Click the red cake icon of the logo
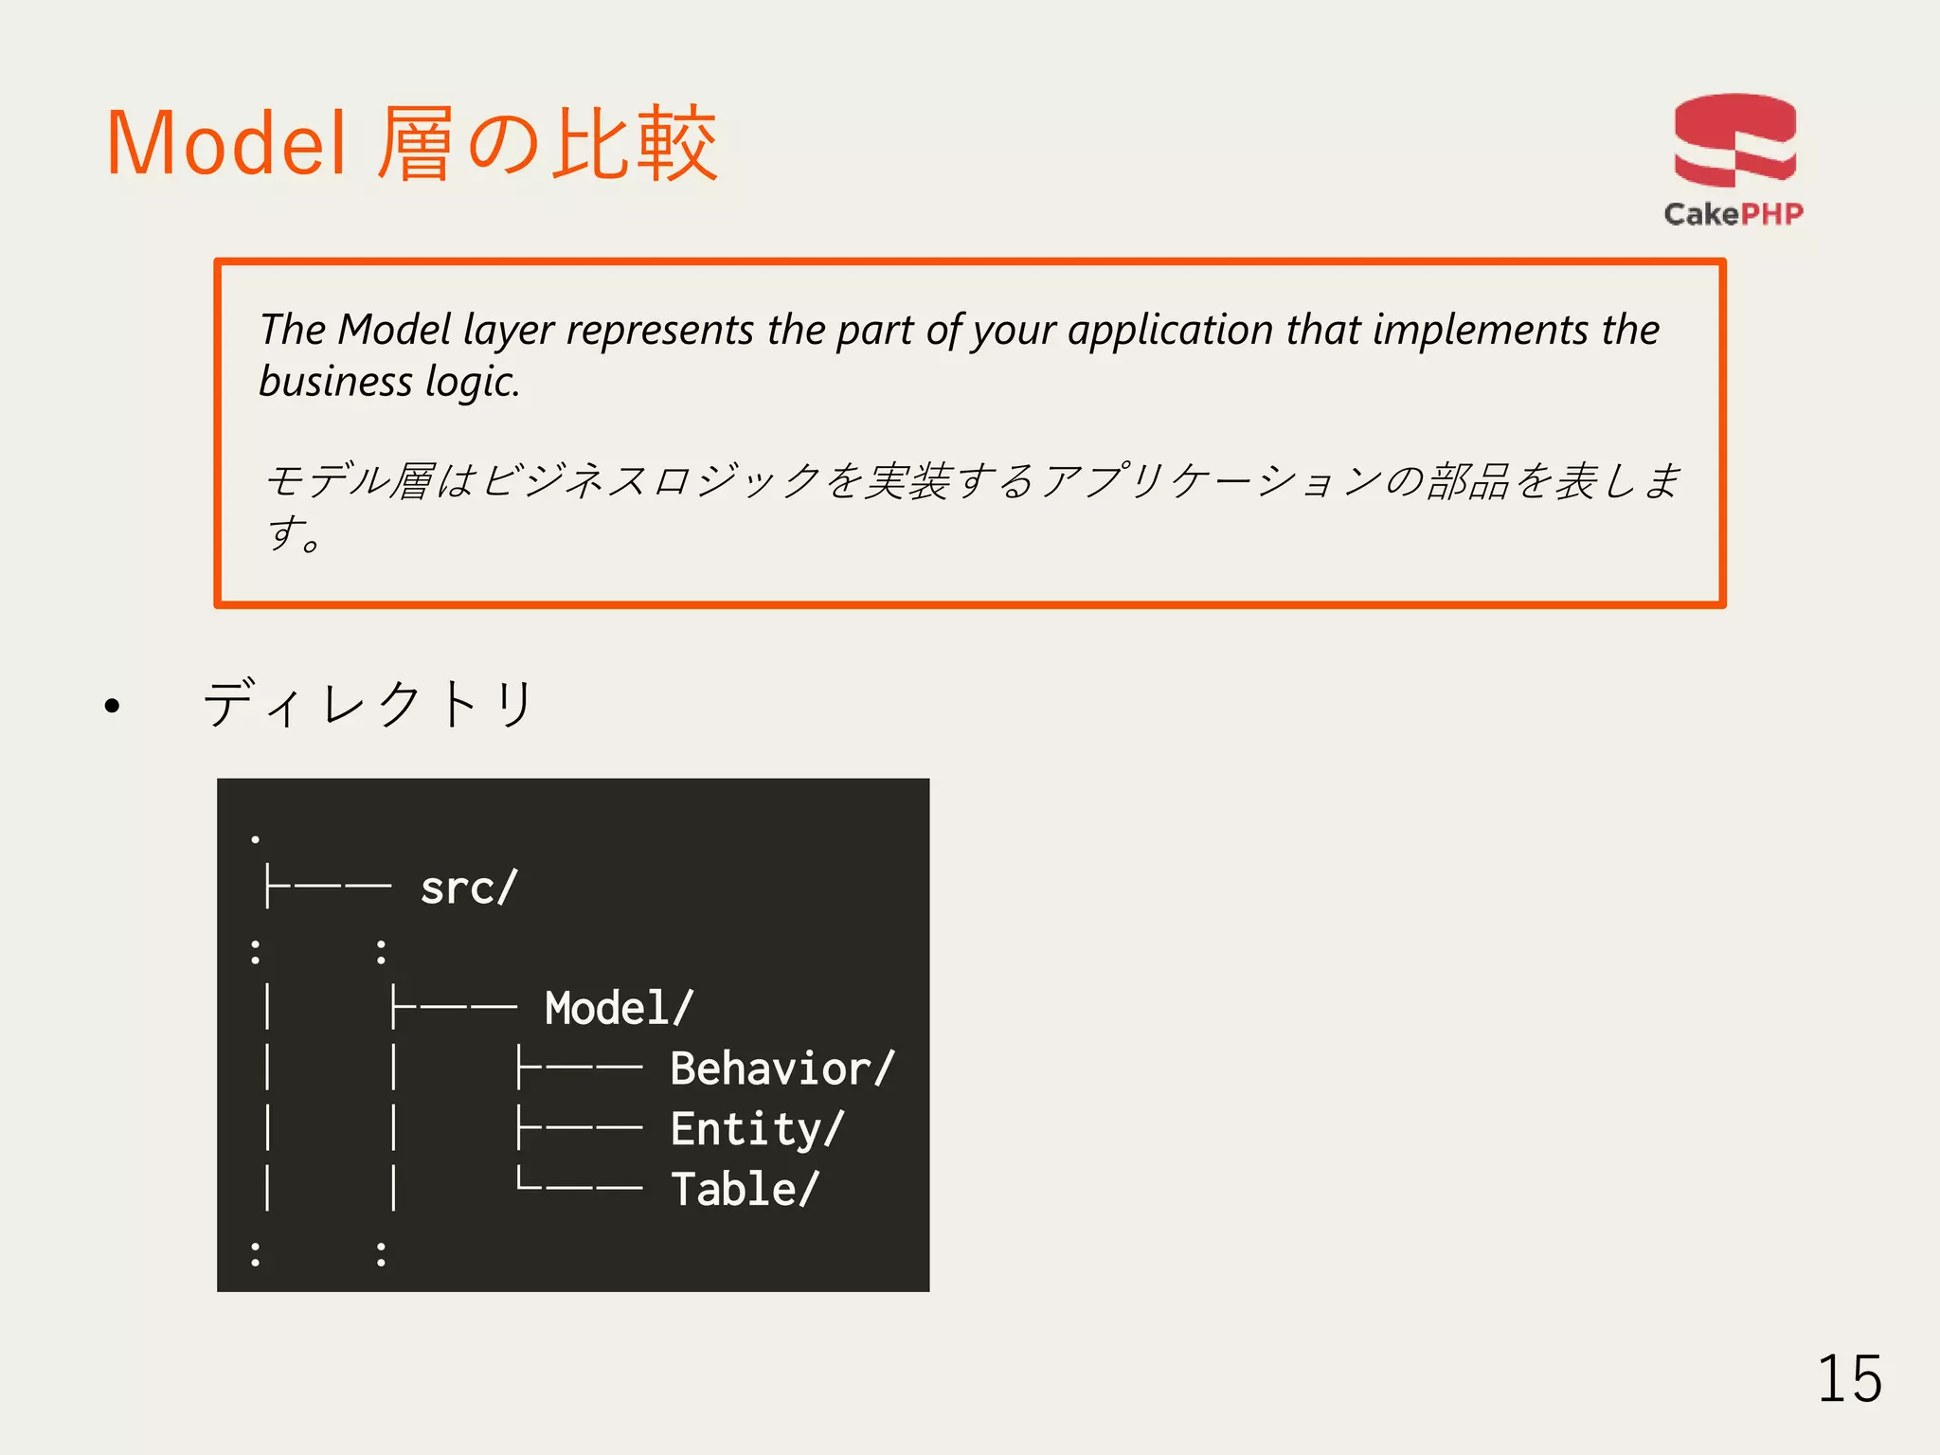(x=1734, y=140)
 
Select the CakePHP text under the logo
(x=1733, y=214)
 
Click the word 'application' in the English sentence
(x=1171, y=331)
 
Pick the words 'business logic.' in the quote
(x=389, y=382)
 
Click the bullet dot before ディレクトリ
(x=113, y=706)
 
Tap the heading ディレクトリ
(x=369, y=704)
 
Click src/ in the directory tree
(x=469, y=889)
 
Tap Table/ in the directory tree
(x=745, y=1189)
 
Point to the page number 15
(x=1849, y=1379)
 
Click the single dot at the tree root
(x=255, y=838)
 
